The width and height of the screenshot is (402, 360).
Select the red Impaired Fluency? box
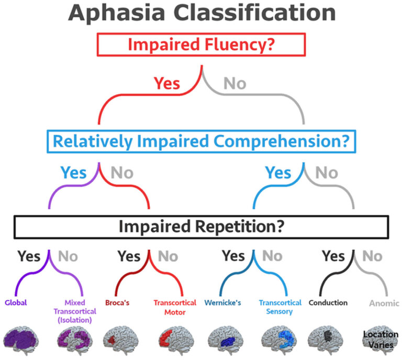201,44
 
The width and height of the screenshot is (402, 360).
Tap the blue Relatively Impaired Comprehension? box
201,141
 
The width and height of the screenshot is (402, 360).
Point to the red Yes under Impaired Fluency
167,83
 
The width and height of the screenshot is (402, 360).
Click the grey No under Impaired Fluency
235,83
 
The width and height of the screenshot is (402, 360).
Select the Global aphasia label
16,302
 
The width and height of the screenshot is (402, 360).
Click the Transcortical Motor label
175,307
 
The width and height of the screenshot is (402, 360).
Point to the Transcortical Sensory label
280,307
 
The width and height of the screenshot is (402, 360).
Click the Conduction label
328,302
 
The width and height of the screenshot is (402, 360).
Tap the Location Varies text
381,339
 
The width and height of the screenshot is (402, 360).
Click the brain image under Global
23,340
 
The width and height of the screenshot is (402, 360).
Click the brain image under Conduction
327,340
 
